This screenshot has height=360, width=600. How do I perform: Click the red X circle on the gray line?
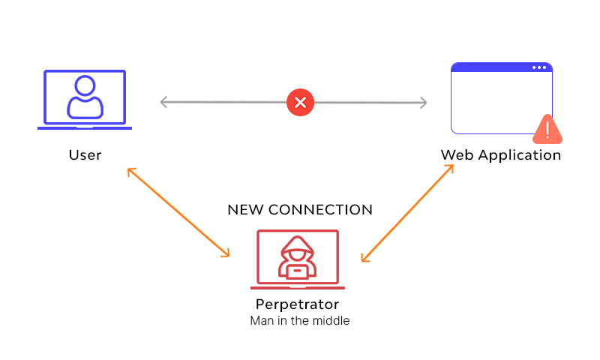tap(300, 102)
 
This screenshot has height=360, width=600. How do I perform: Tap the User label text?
tap(85, 155)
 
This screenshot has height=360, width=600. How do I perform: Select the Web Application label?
tap(500, 155)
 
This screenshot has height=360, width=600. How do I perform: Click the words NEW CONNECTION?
tap(300, 209)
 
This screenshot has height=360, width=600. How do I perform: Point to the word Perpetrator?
tap(298, 304)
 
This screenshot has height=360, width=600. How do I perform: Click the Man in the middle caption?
tap(300, 321)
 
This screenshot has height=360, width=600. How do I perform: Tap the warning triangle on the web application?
tap(548, 130)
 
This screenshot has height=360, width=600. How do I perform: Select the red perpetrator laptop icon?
tap(298, 259)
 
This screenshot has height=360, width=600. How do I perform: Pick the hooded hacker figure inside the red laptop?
tap(298, 257)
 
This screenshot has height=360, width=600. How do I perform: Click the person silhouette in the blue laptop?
tap(85, 97)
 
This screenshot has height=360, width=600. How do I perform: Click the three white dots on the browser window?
tap(540, 67)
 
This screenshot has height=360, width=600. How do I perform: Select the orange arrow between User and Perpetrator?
tap(178, 212)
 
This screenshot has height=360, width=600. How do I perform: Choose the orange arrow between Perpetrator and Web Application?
tap(407, 213)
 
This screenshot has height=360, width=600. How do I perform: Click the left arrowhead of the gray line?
tap(164, 102)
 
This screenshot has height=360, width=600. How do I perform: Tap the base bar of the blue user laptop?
tap(85, 128)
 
